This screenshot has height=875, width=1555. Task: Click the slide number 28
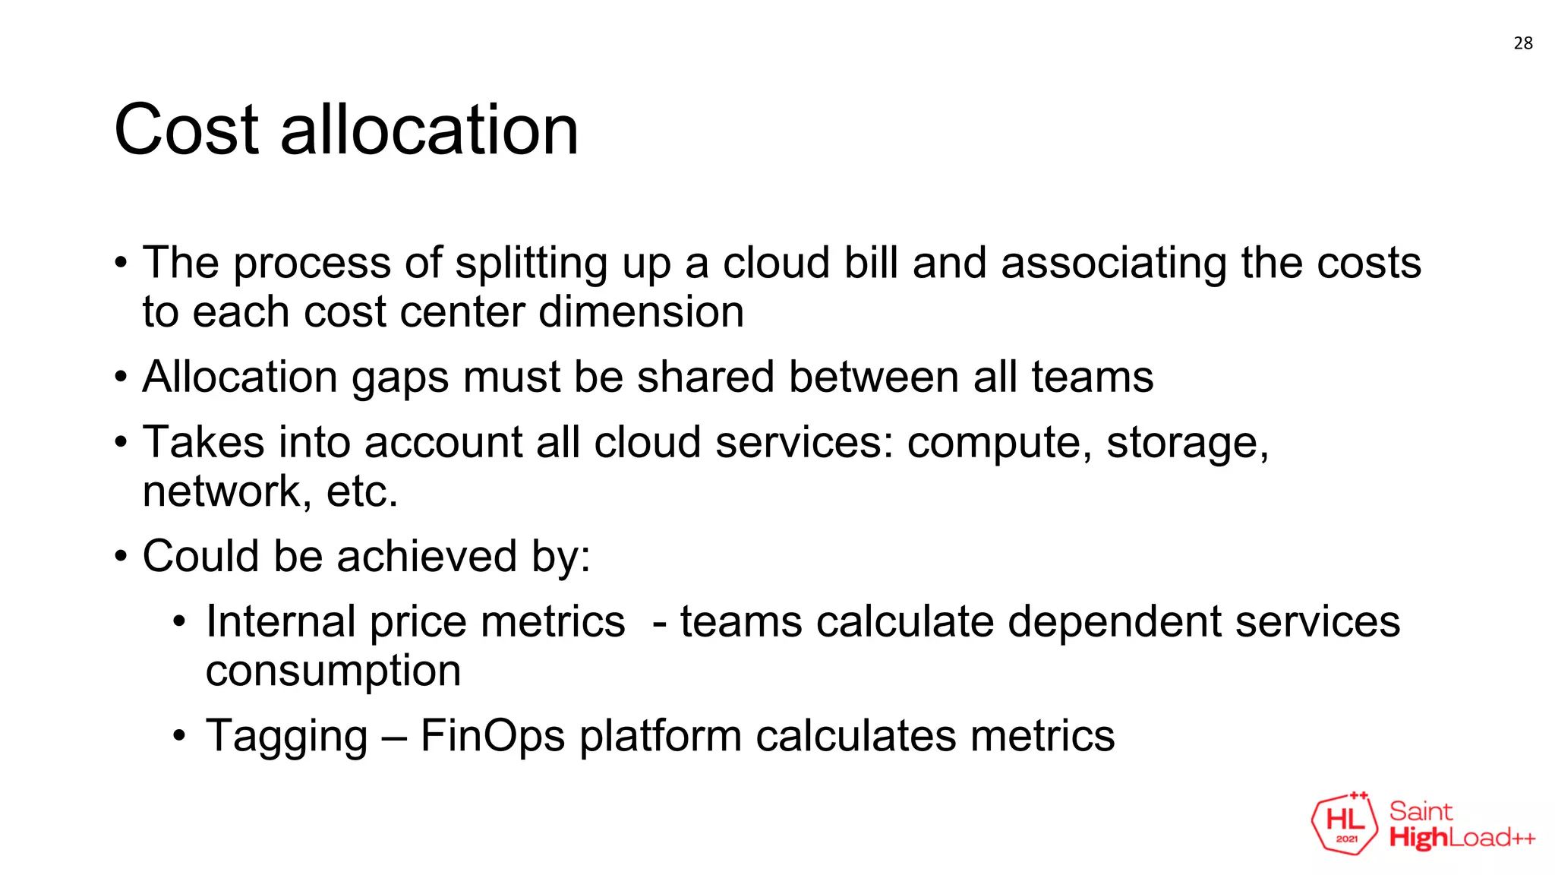click(x=1522, y=43)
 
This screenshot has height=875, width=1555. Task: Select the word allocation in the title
click(x=429, y=130)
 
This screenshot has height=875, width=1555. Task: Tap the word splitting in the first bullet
click(x=531, y=264)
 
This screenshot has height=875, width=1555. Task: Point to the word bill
click(x=871, y=263)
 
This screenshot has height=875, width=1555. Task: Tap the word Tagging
click(x=286, y=737)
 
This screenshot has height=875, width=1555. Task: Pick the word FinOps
click(x=492, y=737)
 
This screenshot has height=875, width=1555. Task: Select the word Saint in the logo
click(x=1421, y=811)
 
